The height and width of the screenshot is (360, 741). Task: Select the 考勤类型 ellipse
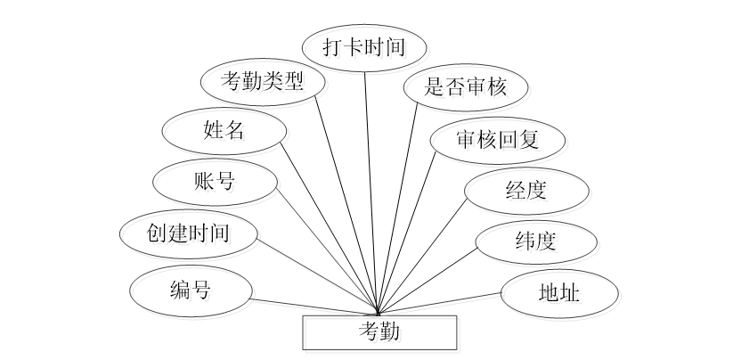pyautogui.click(x=262, y=83)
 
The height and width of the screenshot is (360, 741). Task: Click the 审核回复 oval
pyautogui.click(x=497, y=140)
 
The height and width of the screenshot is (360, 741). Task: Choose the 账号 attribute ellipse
pyautogui.click(x=215, y=182)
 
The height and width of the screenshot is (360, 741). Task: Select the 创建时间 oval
pyautogui.click(x=189, y=233)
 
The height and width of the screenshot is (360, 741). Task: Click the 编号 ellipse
pyautogui.click(x=190, y=289)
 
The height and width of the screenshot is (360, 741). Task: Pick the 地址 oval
pyautogui.click(x=558, y=292)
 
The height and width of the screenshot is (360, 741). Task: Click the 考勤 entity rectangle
pyautogui.click(x=380, y=332)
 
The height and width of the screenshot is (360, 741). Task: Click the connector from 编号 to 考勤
pyautogui.click(x=312, y=306)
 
